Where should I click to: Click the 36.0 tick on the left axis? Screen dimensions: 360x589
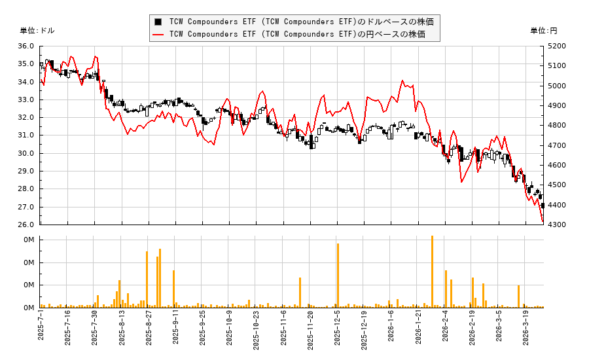[x=26, y=46]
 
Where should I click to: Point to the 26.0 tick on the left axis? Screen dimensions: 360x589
[x=26, y=225]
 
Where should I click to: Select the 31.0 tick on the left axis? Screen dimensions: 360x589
[x=26, y=135]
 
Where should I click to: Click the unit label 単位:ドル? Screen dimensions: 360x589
[x=38, y=31]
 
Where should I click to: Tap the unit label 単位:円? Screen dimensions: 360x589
[x=544, y=31]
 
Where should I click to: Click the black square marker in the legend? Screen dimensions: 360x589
[x=158, y=22]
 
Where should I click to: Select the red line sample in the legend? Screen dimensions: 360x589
[x=158, y=34]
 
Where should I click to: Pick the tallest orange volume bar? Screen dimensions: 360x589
[x=432, y=272]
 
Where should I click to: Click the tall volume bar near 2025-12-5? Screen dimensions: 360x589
[x=338, y=276]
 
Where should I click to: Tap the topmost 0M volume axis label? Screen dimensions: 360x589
[x=29, y=240]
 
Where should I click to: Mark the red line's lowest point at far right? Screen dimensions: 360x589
[x=543, y=223]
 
